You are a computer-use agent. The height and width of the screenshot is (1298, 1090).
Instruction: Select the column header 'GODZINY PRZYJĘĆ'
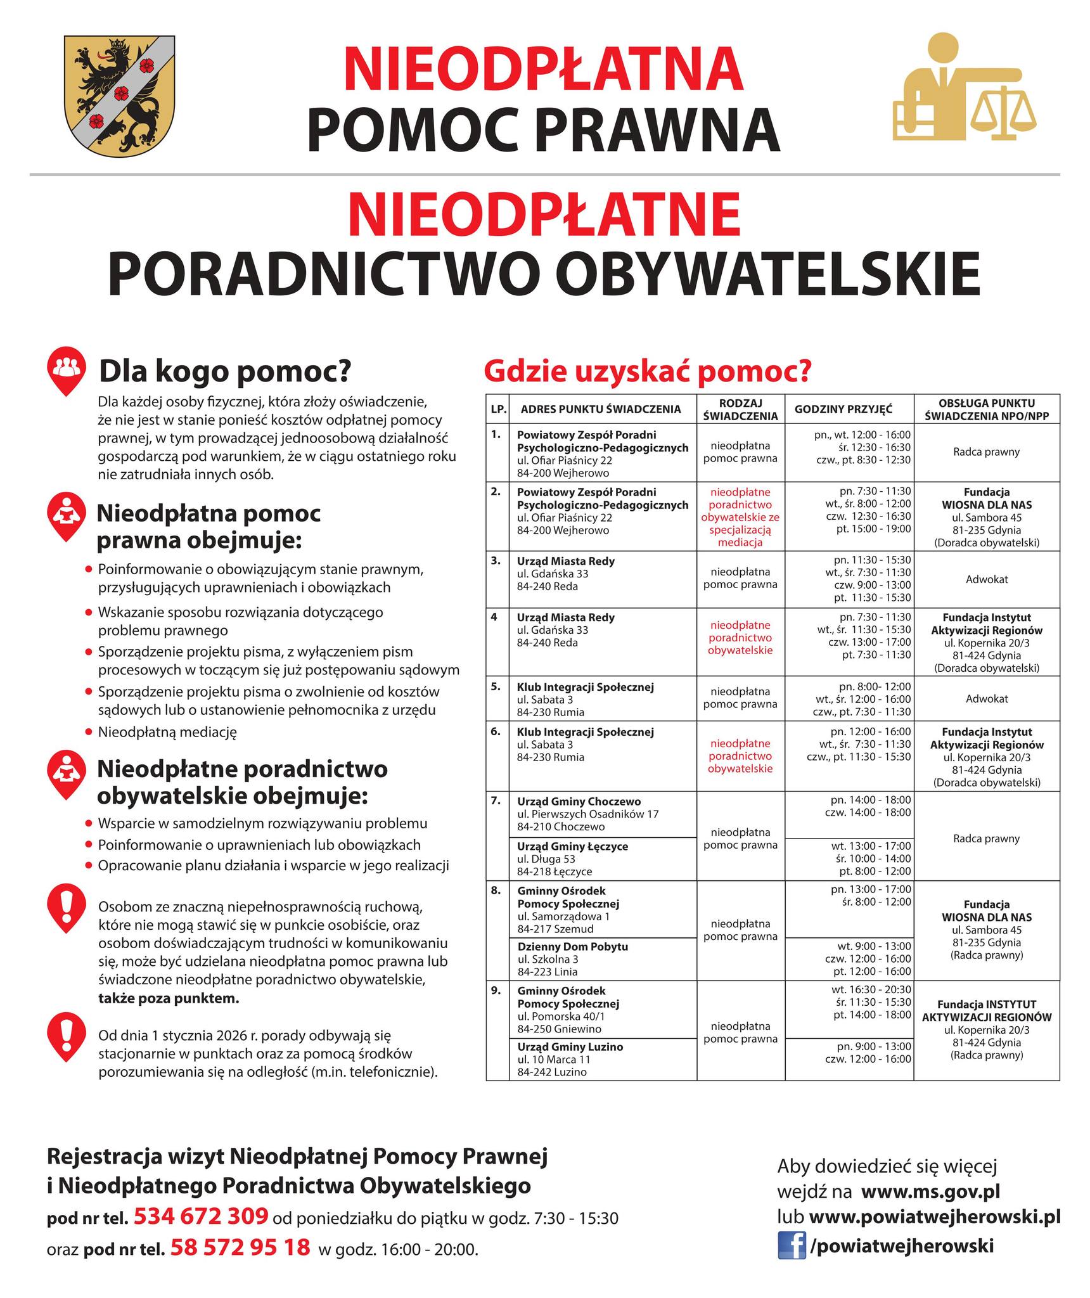point(843,409)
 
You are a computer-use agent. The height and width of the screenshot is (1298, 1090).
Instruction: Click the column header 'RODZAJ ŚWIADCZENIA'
point(740,409)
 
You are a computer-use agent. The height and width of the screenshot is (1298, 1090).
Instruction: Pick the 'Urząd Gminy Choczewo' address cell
point(587,814)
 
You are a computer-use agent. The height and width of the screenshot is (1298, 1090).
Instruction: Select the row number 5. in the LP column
point(496,686)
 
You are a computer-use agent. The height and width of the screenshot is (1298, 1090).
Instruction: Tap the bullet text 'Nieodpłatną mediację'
point(167,732)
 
